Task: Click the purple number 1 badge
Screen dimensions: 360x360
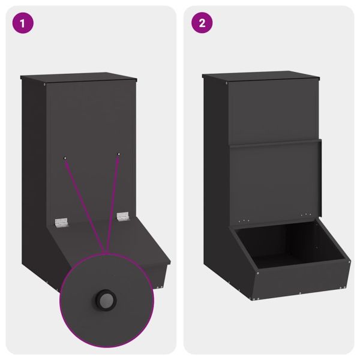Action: pos(23,23)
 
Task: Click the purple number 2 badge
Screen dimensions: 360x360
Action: pos(202,23)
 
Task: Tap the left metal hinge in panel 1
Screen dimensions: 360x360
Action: pos(61,223)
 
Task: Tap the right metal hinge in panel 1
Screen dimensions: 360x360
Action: pos(123,216)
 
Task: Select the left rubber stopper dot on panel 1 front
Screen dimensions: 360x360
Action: pos(65,158)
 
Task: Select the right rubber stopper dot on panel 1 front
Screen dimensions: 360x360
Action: pos(118,154)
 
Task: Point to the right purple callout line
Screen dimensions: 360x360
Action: pos(113,204)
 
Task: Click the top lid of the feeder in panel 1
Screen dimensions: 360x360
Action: pos(79,77)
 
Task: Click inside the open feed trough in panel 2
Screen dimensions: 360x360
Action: pos(290,245)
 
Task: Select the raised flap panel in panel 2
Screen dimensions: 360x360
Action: pos(275,181)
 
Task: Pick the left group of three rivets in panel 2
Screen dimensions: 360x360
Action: pos(244,221)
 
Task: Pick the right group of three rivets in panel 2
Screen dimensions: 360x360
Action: pos(306,215)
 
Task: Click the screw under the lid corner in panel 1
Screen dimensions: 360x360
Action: pos(44,84)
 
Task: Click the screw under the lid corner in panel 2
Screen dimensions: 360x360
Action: pos(227,83)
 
